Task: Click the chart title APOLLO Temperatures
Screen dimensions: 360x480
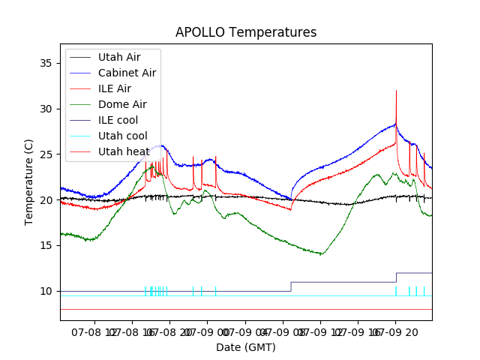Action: (x=246, y=33)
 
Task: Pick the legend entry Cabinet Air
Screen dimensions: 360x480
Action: (x=127, y=73)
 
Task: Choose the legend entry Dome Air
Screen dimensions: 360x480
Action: (x=122, y=104)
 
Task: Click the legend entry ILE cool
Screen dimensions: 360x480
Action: (x=118, y=120)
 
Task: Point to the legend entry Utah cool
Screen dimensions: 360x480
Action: (x=123, y=136)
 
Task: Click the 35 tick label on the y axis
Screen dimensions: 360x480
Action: (x=47, y=63)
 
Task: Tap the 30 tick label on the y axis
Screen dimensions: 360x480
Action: (x=47, y=109)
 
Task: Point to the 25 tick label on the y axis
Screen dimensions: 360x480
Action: (x=47, y=154)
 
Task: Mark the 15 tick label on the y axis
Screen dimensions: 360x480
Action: (x=47, y=245)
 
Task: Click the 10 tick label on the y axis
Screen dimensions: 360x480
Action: (x=47, y=291)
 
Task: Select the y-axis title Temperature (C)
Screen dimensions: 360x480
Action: (x=29, y=181)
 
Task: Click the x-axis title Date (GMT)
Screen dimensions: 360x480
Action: (x=246, y=347)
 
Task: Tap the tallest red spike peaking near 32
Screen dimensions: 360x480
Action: (x=396, y=91)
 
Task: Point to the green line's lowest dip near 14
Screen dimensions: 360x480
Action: (x=321, y=254)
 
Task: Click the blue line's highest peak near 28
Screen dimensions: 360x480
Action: (x=395, y=124)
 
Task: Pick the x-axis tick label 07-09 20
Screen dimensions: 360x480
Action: (x=406, y=331)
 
